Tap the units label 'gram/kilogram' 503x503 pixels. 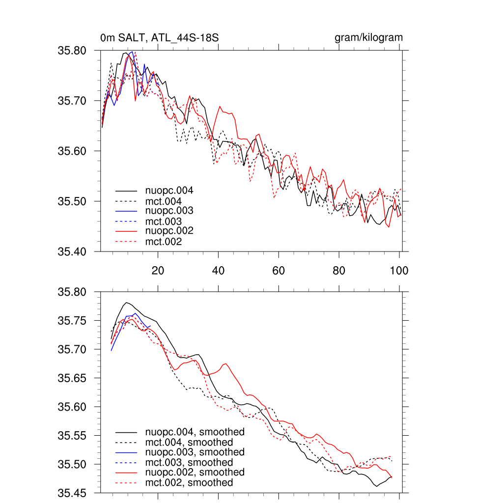368,38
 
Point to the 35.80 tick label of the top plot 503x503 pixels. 72,51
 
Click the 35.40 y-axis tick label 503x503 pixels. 72,252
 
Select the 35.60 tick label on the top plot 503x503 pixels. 72,151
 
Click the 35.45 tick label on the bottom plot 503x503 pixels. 72,493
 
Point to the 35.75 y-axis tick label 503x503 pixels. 72,321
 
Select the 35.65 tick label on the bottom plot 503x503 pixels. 72,378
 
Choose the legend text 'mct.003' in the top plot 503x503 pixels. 163,221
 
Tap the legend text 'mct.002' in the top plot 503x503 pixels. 163,242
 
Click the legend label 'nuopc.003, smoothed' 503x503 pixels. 195,452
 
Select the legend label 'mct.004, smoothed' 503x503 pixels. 189,442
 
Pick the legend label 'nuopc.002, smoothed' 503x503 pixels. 195,472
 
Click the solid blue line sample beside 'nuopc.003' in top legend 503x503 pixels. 126,211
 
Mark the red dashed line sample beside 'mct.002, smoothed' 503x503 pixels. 126,483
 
